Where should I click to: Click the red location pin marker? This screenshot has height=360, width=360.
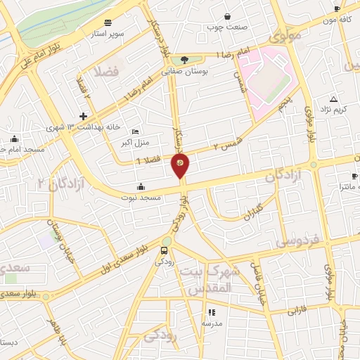coord(180,166)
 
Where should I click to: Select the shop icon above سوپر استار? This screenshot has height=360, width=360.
coord(107,22)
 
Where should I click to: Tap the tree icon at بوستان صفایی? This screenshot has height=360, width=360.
coord(184,60)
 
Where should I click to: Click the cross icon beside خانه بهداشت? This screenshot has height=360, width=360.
coord(83,115)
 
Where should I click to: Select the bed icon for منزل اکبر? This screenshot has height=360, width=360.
coord(136,132)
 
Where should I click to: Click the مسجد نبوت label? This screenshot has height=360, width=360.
coord(141,198)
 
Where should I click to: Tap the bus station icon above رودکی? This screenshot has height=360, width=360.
coord(165,250)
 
